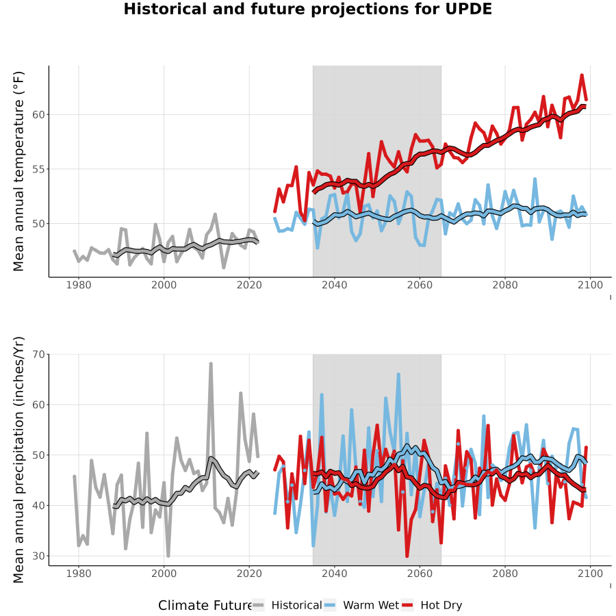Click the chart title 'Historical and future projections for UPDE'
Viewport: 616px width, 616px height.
coord(307,9)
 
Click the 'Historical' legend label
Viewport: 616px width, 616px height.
coord(296,605)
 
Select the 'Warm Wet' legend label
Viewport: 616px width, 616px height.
coord(371,605)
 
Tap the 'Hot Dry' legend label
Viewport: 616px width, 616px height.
coord(441,606)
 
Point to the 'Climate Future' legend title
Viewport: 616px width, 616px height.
coord(205,606)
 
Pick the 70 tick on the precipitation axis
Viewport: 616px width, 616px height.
coord(38,355)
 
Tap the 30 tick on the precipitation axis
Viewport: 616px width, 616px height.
coord(38,556)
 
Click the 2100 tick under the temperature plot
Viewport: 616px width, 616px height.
coord(590,285)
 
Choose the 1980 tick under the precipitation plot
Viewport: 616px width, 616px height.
coord(79,574)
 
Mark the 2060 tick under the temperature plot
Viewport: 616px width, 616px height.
coord(420,285)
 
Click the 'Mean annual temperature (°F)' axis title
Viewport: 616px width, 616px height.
coord(18,171)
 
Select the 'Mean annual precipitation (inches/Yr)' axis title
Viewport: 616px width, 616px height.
coord(18,460)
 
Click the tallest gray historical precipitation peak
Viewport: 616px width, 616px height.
coord(211,364)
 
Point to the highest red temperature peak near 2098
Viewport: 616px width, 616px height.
coord(582,75)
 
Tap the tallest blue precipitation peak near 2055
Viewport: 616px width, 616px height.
coord(398,374)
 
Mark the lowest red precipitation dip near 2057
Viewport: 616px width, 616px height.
coord(407,556)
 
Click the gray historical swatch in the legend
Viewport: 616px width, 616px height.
coord(259,606)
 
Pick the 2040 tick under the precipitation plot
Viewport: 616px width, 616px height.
coord(334,574)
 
